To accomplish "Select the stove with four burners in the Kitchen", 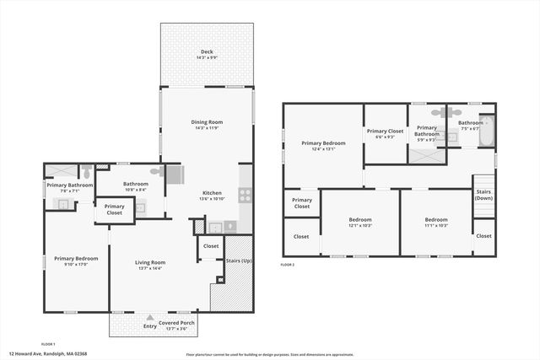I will pos(245,194).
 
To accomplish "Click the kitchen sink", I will pos(214,226).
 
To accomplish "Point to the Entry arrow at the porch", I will pos(150,317).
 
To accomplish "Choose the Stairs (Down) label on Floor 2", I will pos(483,195).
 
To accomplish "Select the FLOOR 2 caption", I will pos(288,265).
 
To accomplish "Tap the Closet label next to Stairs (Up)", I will pos(211,246).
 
